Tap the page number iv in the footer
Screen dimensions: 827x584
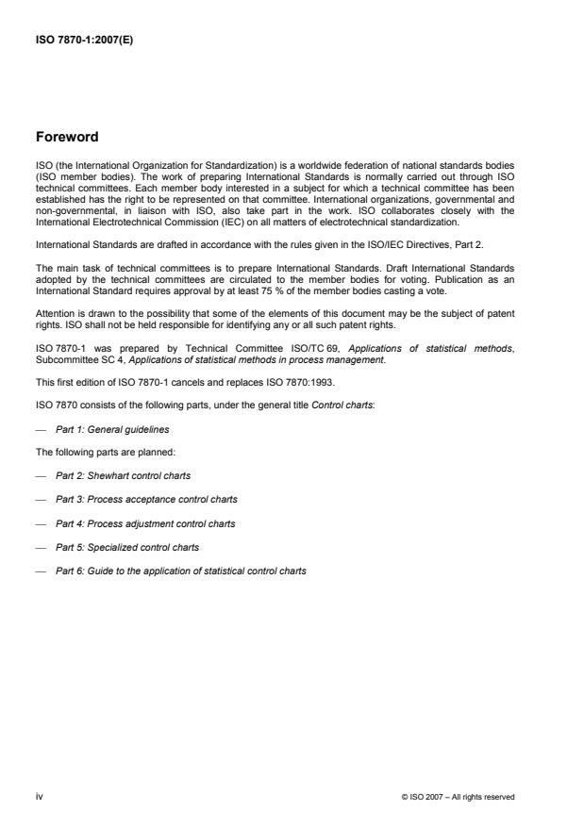40,797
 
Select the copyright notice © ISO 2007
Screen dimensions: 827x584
458,797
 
